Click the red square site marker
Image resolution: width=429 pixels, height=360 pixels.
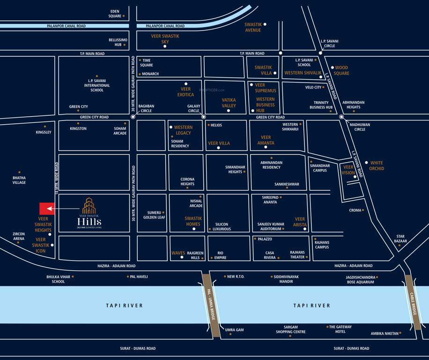[47, 209]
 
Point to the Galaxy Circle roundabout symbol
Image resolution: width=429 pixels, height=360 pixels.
[203, 116]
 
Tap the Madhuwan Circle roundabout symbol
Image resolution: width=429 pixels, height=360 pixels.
[341, 117]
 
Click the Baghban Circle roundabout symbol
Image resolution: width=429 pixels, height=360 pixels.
[133, 116]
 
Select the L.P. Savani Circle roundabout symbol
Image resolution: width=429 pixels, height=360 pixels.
[320, 53]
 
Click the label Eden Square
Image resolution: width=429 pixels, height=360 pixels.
[115, 14]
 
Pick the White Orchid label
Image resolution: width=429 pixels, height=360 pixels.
[377, 165]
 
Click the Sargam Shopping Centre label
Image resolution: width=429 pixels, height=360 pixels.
[290, 330]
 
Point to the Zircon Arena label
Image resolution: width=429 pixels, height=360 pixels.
[19, 236]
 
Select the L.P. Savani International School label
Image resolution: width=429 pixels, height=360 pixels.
[97, 85]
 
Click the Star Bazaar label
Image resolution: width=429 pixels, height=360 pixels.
[400, 239]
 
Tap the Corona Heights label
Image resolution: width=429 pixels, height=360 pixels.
[187, 181]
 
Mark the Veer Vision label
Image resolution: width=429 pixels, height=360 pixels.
[348, 170]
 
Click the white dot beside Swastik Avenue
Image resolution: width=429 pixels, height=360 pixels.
[265, 24]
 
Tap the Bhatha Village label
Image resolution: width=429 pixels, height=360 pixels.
[19, 180]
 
